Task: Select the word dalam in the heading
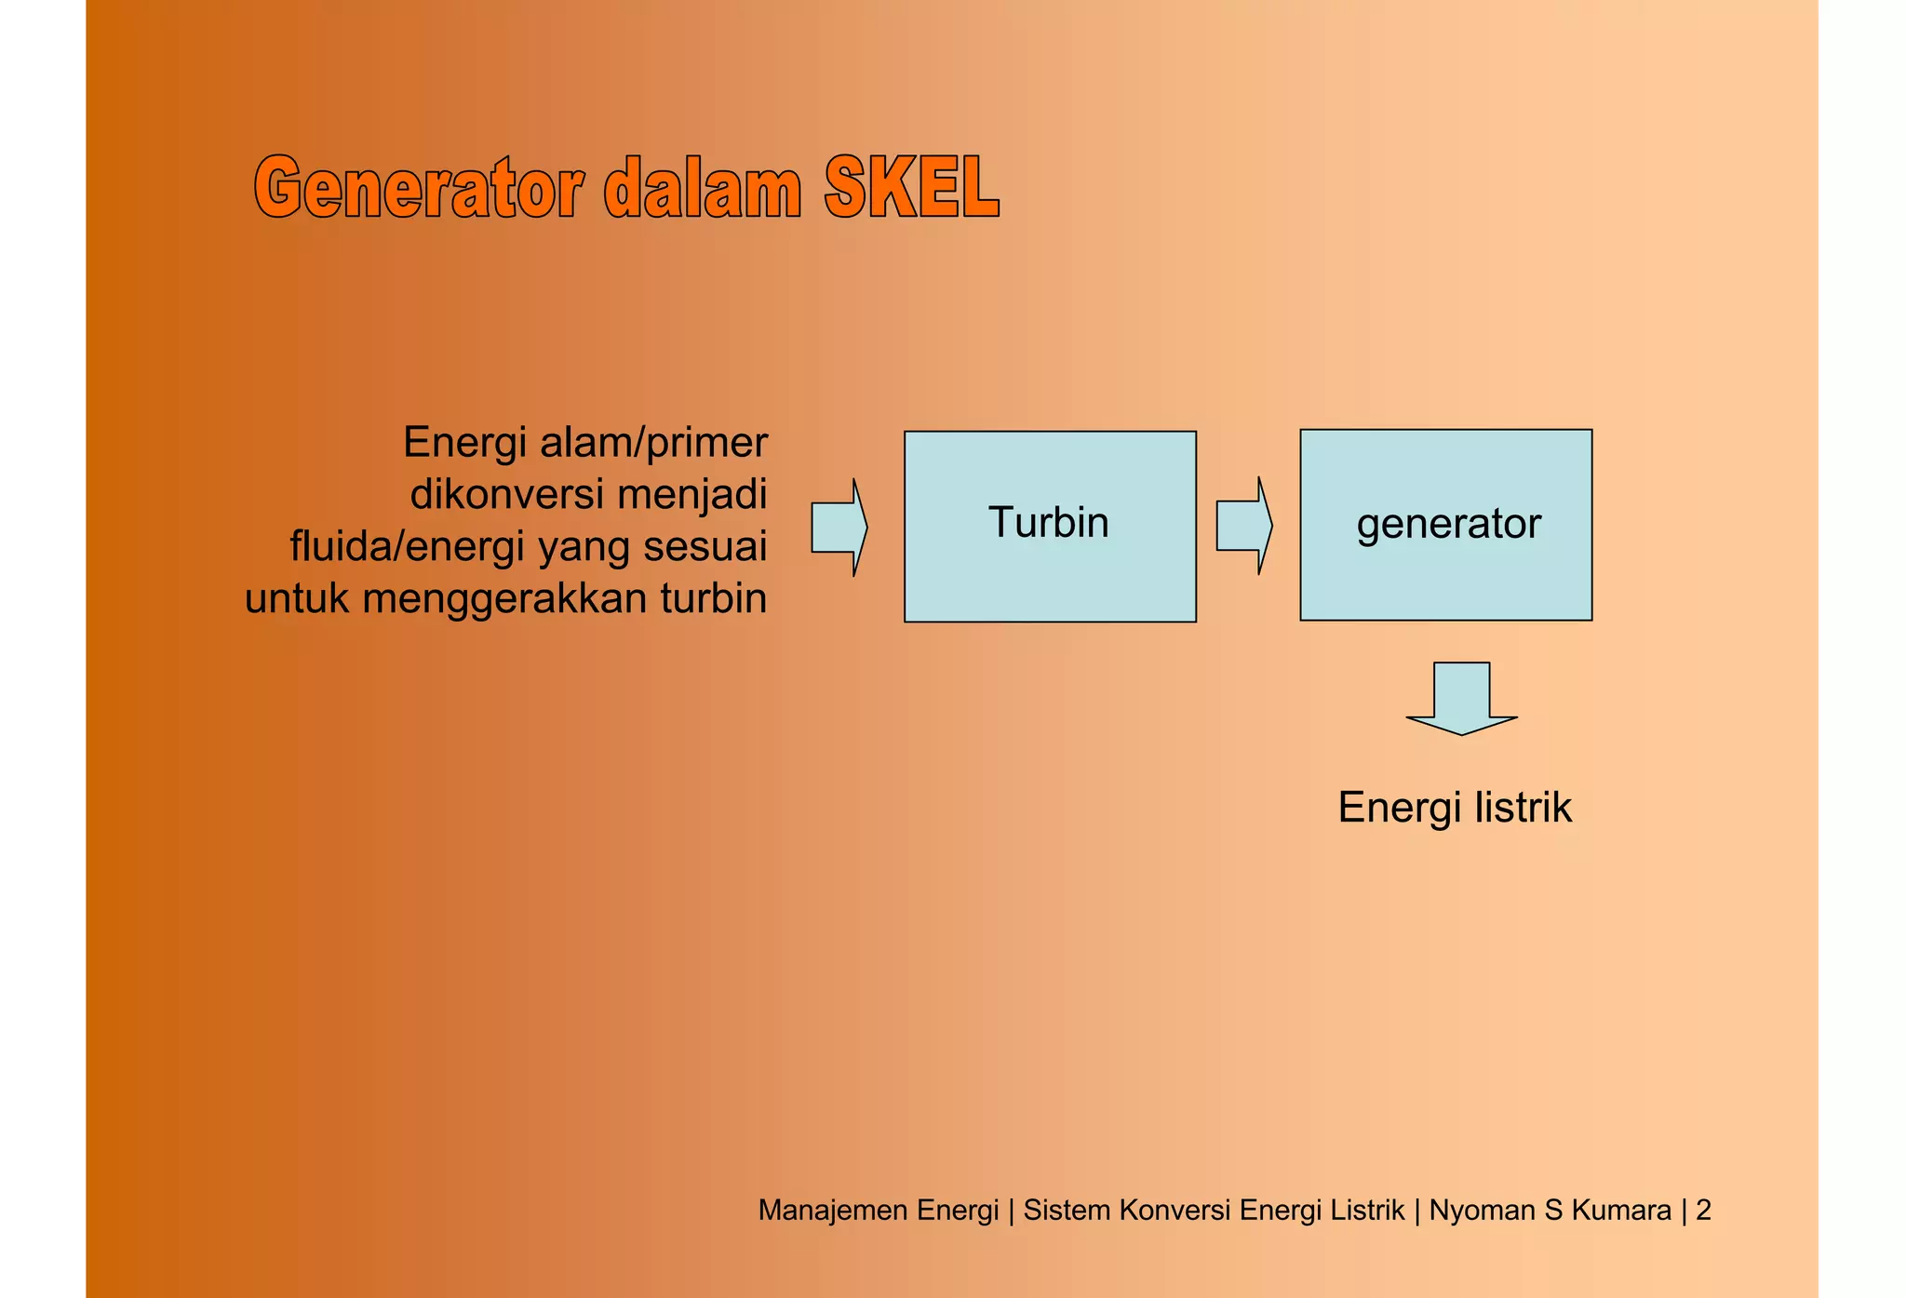tap(703, 189)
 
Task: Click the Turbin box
tap(1050, 526)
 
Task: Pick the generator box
tap(1445, 525)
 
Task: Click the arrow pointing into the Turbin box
tap(839, 528)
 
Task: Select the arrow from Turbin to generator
tap(1243, 526)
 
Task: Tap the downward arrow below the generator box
tap(1461, 698)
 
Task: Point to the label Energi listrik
tap(1454, 808)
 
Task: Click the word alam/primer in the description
tap(653, 443)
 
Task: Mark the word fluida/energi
tap(408, 546)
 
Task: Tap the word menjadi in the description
tap(691, 494)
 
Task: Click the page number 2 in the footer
tap(1703, 1210)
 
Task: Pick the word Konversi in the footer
tap(1175, 1210)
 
